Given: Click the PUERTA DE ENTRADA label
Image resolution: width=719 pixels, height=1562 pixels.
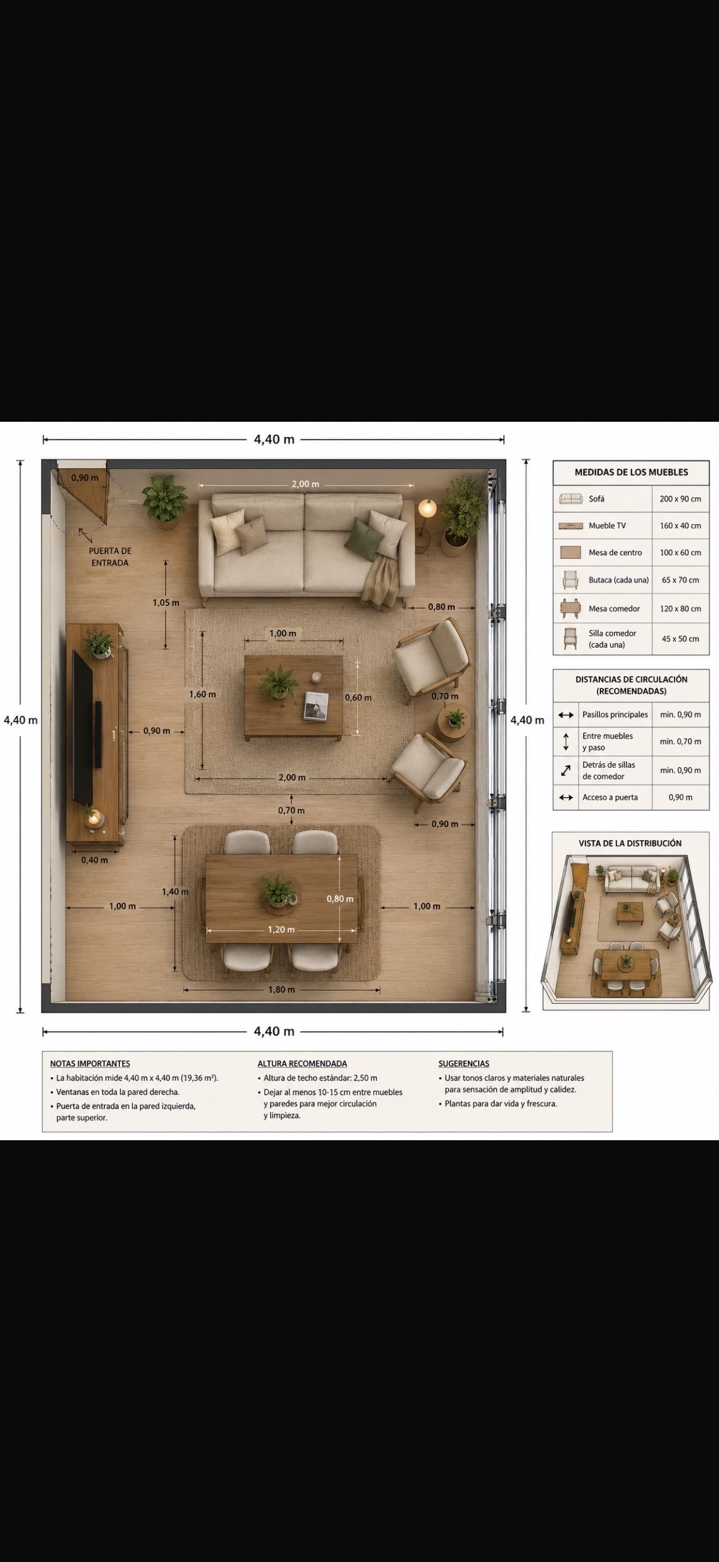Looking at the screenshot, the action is (110, 556).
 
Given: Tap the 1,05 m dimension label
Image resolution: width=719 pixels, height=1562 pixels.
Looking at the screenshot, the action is (166, 603).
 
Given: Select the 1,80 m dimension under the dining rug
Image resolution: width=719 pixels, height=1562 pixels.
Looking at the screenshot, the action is (281, 990).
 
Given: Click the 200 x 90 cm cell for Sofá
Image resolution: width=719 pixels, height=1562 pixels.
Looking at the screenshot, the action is (680, 499).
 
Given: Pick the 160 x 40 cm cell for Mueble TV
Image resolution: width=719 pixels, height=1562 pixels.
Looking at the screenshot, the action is (680, 525).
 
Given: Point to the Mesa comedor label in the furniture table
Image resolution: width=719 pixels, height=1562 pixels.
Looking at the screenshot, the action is (614, 609).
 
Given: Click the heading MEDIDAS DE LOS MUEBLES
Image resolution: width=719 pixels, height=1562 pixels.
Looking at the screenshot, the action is (631, 472).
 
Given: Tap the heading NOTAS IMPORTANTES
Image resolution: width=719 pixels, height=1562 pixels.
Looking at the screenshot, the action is (90, 1063).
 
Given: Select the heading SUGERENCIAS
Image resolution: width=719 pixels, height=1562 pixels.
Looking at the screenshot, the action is (464, 1063).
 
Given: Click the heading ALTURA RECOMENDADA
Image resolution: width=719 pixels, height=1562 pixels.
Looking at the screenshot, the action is (302, 1063).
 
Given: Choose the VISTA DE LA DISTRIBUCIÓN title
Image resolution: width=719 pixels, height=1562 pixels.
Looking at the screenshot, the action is (630, 844).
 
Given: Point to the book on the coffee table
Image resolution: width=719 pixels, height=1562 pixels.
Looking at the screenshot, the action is (316, 706).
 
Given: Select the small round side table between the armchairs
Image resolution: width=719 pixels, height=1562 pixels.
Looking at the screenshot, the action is (453, 724).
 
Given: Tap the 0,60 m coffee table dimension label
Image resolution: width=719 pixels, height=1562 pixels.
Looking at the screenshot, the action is (358, 698).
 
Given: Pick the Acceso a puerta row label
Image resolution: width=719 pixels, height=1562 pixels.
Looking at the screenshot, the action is (610, 797).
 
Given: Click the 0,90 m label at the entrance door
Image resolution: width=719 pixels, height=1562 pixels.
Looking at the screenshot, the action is (84, 478).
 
